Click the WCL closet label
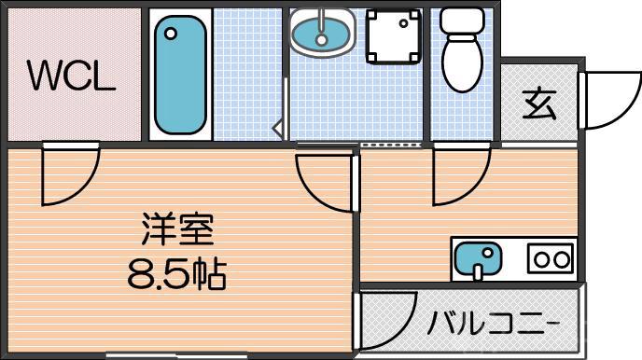(71, 76)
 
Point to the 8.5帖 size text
(178, 272)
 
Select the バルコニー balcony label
(494, 324)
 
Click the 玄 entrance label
(539, 104)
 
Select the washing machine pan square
(392, 37)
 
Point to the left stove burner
(540, 258)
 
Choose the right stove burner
(562, 258)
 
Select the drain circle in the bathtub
(170, 34)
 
